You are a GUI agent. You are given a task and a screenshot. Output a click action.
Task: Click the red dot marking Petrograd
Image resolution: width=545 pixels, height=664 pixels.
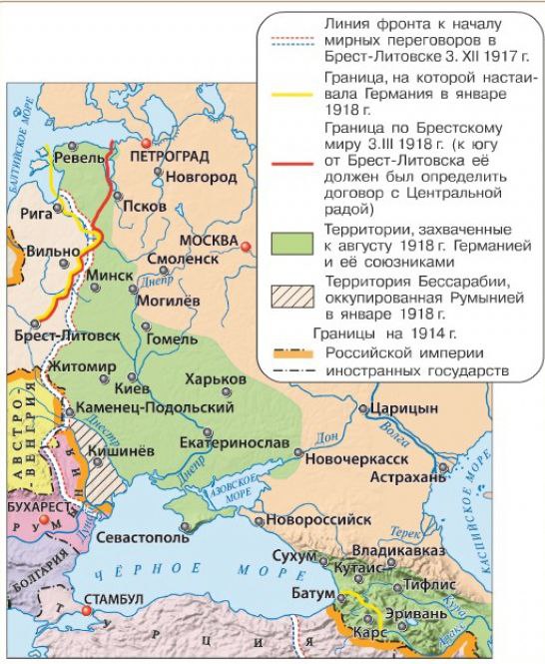tap(147, 144)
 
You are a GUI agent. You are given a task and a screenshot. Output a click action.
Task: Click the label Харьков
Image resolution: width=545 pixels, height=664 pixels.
tap(215, 379)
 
